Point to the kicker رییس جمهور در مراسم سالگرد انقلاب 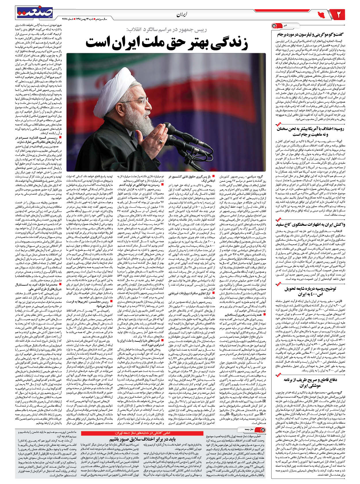(x=167, y=30)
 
